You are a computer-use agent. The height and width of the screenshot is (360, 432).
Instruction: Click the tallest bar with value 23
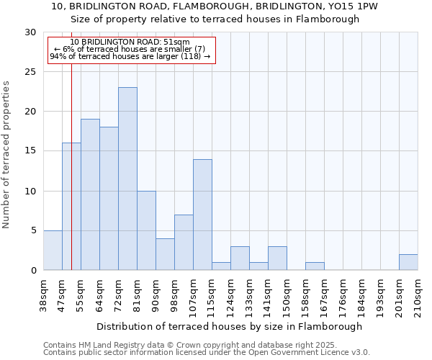tap(127, 179)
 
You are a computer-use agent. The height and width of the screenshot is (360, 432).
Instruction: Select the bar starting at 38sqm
tap(53, 250)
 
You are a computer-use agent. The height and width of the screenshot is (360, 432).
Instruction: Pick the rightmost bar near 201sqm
tap(408, 262)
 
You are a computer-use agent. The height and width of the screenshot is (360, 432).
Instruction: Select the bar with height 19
tap(90, 194)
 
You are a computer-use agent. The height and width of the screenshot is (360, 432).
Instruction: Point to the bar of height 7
tap(184, 242)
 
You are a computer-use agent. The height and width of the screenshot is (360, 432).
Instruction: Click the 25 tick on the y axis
tap(31, 72)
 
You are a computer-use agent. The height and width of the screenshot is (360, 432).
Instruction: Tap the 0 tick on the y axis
tap(34, 271)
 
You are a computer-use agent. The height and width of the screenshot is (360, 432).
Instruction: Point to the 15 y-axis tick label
tap(31, 151)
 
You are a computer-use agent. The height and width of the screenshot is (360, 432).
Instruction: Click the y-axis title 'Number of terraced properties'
tap(6, 154)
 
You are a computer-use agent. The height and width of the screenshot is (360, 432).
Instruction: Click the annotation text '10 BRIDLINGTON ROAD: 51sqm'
tap(130, 42)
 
